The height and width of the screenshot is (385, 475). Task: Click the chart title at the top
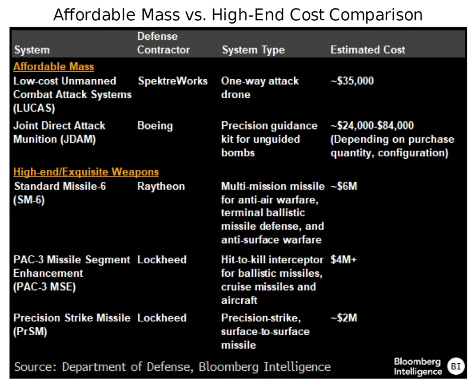tap(237, 14)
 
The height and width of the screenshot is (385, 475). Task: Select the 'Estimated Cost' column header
tap(368, 50)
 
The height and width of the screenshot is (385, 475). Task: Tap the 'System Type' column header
tap(253, 50)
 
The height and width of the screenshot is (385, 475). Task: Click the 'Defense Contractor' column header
tap(163, 43)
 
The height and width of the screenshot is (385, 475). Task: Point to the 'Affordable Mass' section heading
tap(53, 67)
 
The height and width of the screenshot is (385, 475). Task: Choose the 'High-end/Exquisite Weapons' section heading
tap(86, 172)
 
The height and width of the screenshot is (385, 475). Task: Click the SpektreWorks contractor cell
tap(172, 80)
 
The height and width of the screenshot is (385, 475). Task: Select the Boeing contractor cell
tap(155, 125)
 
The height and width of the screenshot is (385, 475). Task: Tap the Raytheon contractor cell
tap(161, 186)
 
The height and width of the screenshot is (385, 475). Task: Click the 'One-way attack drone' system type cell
tap(259, 87)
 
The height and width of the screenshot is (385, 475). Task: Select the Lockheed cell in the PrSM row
tap(161, 318)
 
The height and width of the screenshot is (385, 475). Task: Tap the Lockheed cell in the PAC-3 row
tap(161, 260)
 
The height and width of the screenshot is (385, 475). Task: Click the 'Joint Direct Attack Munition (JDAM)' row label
tap(59, 132)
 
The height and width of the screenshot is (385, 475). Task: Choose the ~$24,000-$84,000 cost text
tap(372, 125)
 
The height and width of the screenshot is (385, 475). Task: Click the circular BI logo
tap(455, 366)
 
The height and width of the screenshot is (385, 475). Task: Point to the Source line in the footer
tap(172, 366)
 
